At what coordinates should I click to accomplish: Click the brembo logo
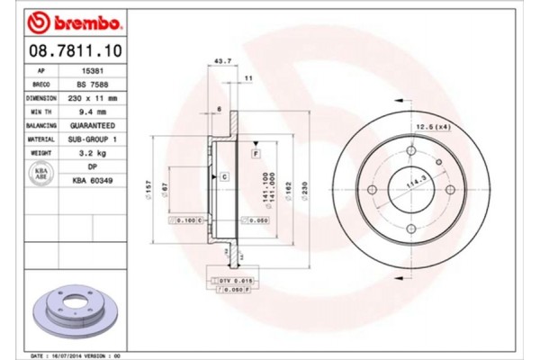(64, 19)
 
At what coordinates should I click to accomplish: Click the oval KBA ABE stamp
(40, 174)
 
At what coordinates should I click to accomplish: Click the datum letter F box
(256, 155)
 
